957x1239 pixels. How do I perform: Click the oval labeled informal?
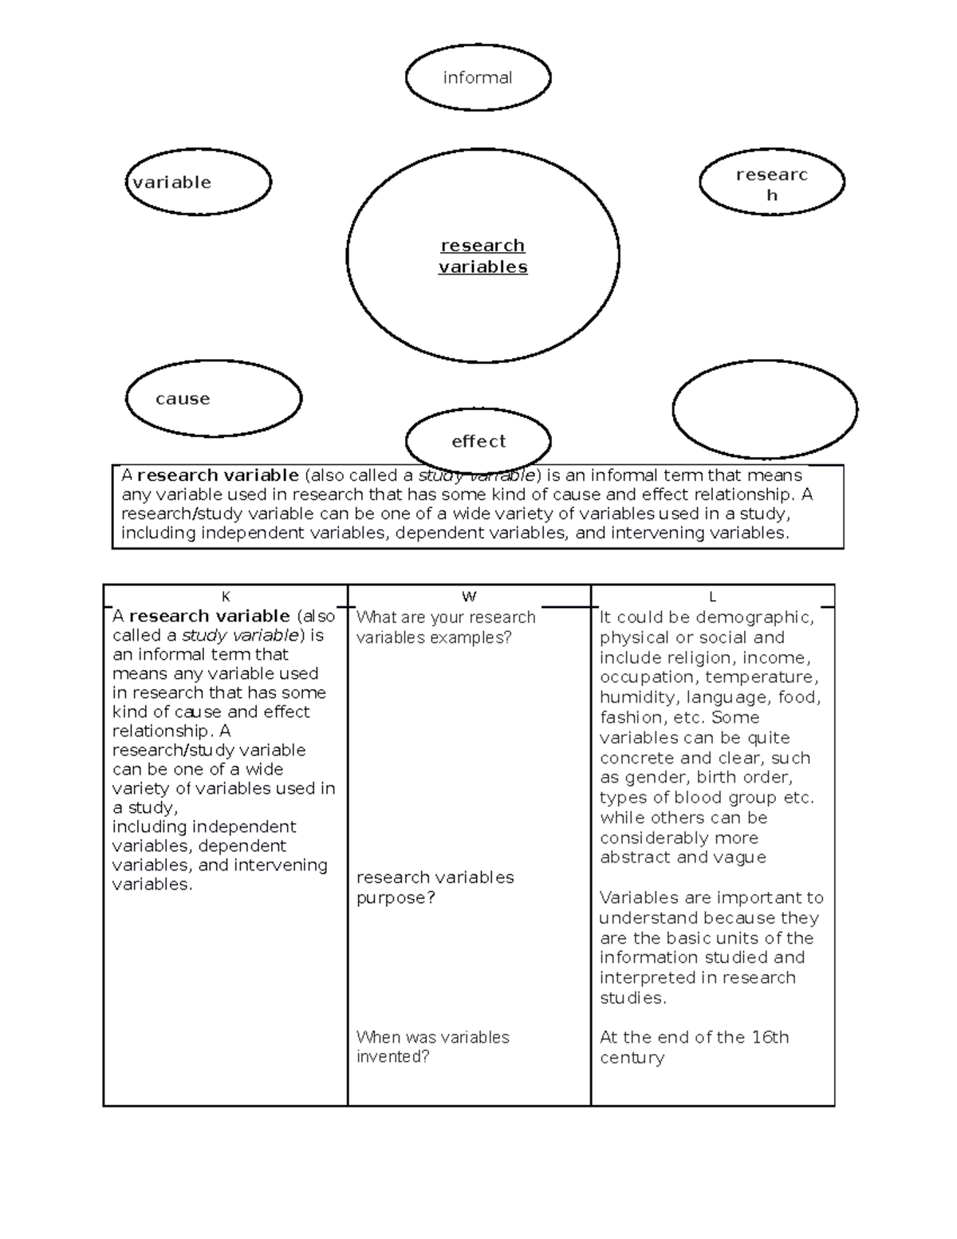tap(478, 77)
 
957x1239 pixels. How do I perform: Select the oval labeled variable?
tap(198, 182)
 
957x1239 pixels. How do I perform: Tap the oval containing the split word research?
tap(771, 184)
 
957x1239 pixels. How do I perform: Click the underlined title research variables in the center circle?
tap(482, 256)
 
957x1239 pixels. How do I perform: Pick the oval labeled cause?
tap(213, 398)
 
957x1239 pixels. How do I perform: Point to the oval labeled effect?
tap(478, 440)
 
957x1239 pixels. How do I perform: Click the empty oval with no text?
tap(764, 409)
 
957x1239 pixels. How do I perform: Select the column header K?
tap(226, 597)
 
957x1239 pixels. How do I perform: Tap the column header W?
tap(469, 597)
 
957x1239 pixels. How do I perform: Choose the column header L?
tap(712, 597)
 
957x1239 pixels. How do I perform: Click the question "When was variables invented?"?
tap(432, 1047)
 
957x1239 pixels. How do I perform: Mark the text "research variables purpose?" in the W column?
tap(435, 887)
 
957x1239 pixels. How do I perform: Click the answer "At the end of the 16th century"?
tap(694, 1047)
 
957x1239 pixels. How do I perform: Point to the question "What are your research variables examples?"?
tap(445, 627)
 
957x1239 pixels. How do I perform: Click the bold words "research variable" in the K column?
tap(209, 616)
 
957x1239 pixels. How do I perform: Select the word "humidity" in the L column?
tap(636, 697)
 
